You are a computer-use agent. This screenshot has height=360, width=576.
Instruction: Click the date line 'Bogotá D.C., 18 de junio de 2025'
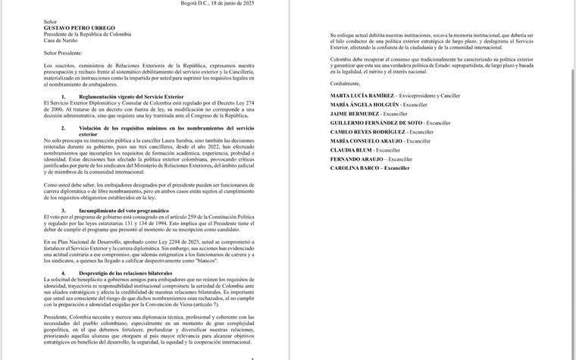(x=218, y=4)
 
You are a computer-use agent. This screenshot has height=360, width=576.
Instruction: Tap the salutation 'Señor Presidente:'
(x=63, y=53)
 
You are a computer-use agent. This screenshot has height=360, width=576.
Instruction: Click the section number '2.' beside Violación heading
(x=64, y=128)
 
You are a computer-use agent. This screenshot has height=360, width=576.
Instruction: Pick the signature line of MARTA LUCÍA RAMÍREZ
(x=395, y=96)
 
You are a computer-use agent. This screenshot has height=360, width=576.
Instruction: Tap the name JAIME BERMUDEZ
(x=354, y=114)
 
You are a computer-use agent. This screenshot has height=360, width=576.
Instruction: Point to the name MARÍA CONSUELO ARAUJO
(x=366, y=141)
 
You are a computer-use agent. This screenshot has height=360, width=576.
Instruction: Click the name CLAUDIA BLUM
(x=351, y=150)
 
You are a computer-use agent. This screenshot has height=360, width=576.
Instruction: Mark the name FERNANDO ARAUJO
(x=356, y=159)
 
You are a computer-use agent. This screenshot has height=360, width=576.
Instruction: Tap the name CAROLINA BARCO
(x=355, y=168)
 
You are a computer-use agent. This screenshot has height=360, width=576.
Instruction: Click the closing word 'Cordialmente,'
(x=346, y=83)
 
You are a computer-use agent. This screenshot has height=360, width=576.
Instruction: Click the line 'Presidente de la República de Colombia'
(x=87, y=34)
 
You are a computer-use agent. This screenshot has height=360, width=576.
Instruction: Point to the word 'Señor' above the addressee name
(x=50, y=21)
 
